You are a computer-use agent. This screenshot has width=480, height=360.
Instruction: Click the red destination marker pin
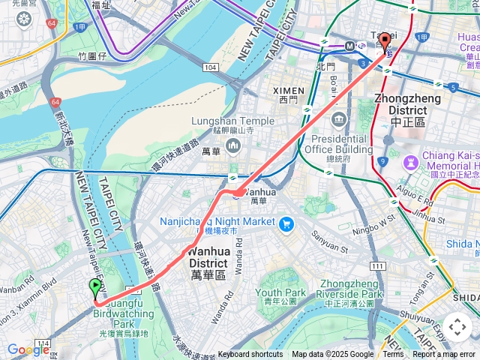385,43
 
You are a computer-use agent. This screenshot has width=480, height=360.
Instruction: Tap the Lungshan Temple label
232,121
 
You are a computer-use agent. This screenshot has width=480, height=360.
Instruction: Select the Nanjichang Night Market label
217,222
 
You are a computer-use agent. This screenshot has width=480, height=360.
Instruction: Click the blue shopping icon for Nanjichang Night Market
286,223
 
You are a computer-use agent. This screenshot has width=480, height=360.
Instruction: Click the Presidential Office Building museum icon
339,120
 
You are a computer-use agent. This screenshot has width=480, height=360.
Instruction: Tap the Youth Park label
280,293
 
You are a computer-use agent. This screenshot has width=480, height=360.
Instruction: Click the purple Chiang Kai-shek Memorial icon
411,161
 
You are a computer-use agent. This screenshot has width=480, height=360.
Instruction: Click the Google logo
28,349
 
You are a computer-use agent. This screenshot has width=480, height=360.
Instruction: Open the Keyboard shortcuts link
250,355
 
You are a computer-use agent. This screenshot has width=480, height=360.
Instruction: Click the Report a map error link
443,355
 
